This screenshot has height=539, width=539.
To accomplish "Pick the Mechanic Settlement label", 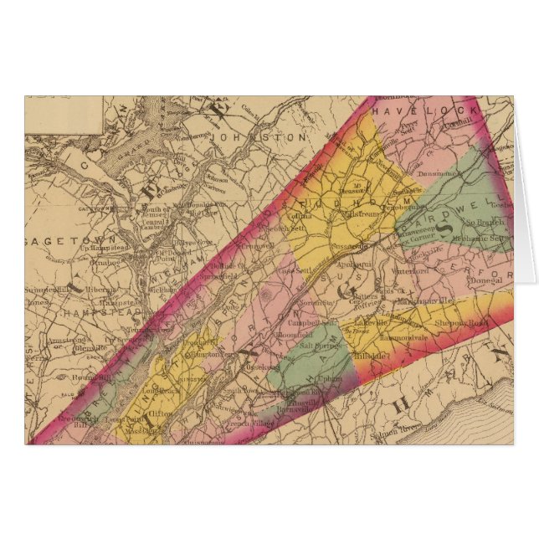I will click(475, 237).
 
